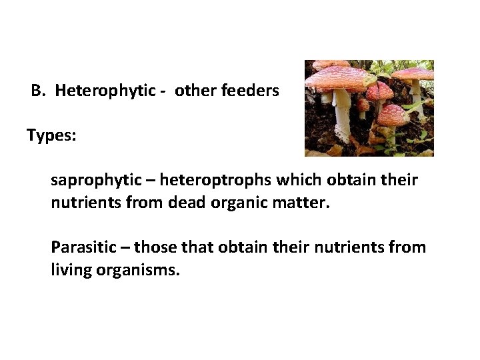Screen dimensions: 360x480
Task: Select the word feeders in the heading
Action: (x=254, y=91)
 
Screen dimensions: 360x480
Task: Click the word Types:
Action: (x=51, y=135)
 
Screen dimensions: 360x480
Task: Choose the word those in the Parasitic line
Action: (x=153, y=247)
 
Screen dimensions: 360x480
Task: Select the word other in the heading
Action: (x=196, y=91)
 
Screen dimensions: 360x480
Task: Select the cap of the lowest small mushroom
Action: (x=392, y=114)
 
